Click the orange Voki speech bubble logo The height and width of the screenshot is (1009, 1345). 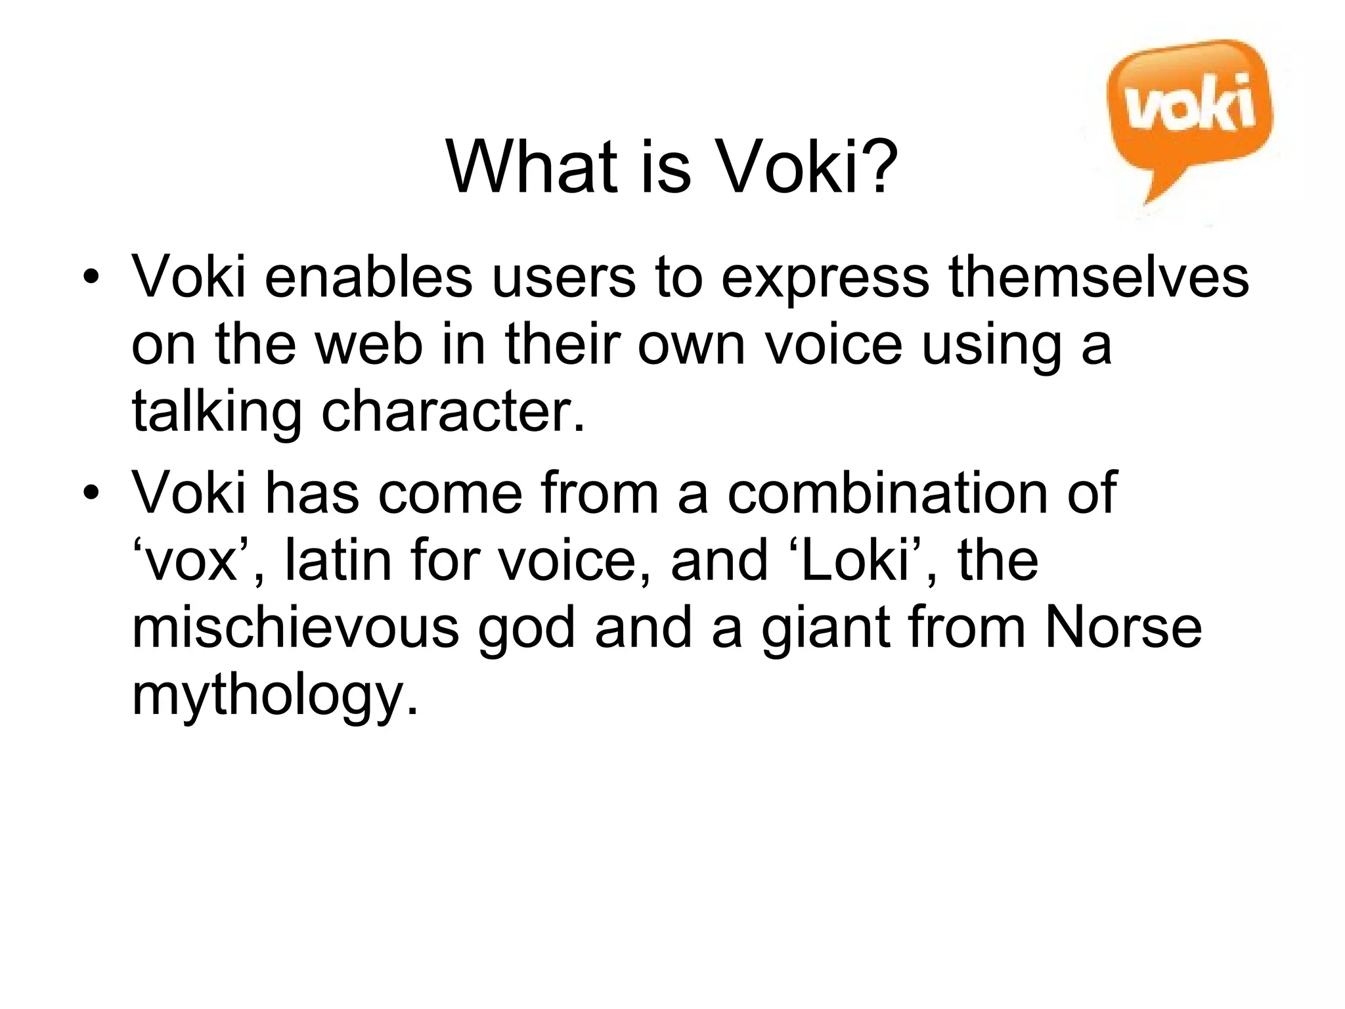pyautogui.click(x=1189, y=112)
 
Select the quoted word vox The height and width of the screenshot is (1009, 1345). pyautogui.click(x=190, y=562)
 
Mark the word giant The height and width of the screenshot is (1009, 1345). pyautogui.click(x=825, y=629)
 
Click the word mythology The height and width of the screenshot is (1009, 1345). pyautogui.click(x=275, y=698)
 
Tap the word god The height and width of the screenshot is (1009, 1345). pyautogui.click(x=526, y=629)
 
